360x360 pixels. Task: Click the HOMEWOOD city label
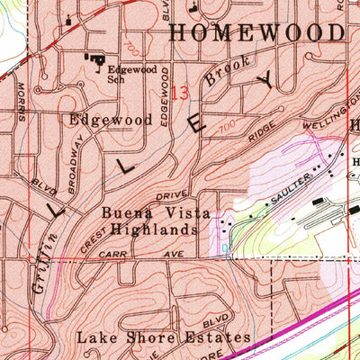point(256,33)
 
